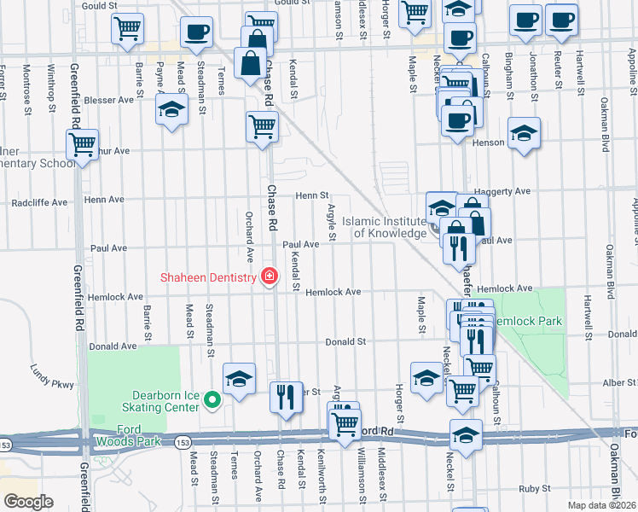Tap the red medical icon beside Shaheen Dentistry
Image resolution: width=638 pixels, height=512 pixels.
pyautogui.click(x=270, y=276)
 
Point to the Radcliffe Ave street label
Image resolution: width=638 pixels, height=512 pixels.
pyautogui.click(x=39, y=203)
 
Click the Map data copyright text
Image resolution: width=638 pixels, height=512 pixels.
pyautogui.click(x=602, y=505)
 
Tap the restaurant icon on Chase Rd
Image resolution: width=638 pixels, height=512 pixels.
pyautogui.click(x=285, y=397)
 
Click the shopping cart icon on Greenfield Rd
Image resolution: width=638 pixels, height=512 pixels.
pyautogui.click(x=82, y=146)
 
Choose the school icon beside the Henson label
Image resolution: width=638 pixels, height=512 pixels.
pyautogui.click(x=524, y=133)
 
